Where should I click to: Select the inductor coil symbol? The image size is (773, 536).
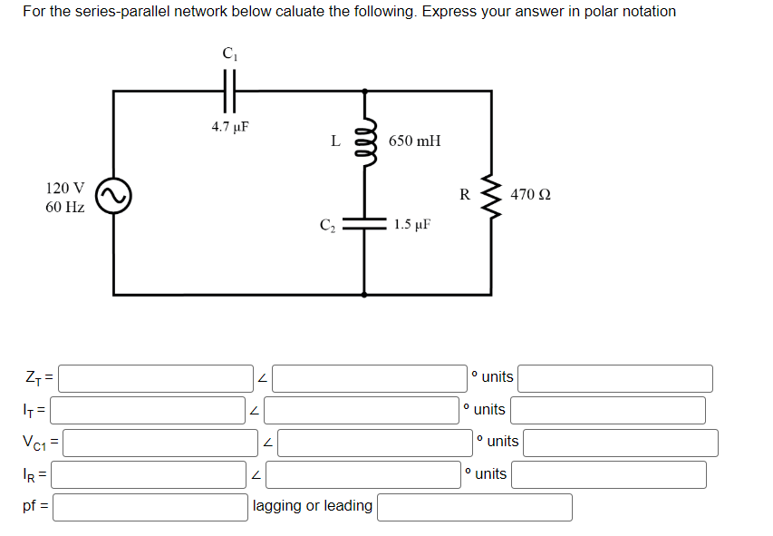365,141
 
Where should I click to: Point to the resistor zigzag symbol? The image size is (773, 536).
492,194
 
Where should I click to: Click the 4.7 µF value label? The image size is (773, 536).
230,127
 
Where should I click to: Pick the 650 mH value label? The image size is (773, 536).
414,141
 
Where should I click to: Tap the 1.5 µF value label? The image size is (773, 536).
412,224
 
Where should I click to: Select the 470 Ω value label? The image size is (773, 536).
531,194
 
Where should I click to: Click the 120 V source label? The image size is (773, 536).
65,189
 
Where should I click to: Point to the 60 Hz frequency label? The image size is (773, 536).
65,208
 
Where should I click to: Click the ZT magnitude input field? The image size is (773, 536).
157,378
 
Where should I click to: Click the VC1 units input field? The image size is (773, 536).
620,443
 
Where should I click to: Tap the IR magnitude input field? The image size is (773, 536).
150,474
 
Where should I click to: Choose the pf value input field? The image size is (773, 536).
150,507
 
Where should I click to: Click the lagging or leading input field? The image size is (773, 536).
474,507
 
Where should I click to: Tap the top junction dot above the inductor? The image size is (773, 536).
365,91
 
